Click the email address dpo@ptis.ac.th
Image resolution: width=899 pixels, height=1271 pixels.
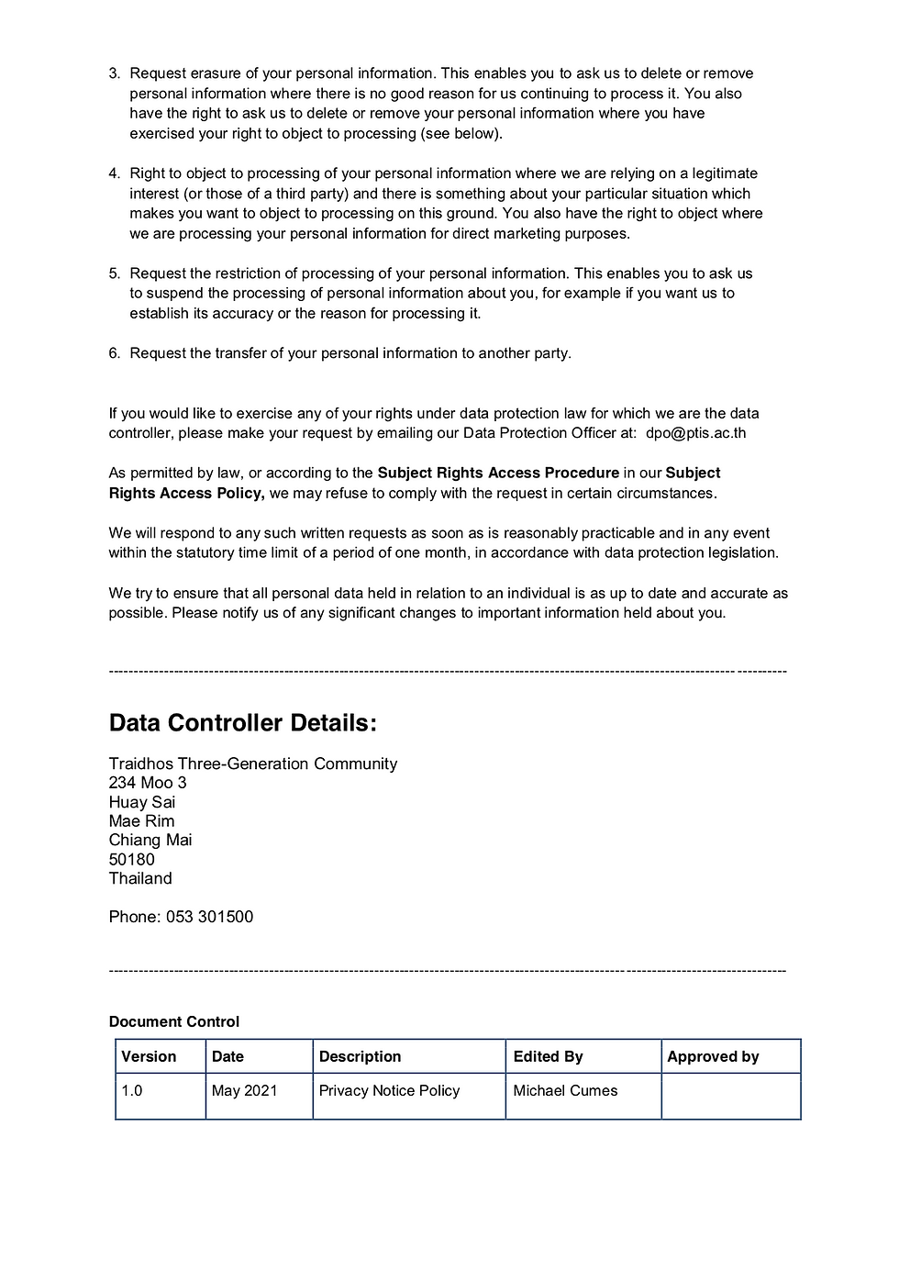(695, 433)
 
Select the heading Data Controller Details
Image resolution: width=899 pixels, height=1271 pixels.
(242, 723)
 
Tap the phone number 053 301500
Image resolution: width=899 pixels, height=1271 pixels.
(209, 917)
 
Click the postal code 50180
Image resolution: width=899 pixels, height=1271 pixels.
(131, 860)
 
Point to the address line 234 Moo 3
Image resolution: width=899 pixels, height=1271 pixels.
(147, 783)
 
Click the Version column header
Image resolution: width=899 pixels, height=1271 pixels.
(149, 1057)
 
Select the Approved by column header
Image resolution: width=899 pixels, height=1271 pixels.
(713, 1057)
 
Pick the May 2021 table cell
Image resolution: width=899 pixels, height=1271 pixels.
(244, 1091)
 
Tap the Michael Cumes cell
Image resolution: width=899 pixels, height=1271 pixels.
(565, 1091)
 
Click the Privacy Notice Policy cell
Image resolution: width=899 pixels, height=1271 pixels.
(389, 1091)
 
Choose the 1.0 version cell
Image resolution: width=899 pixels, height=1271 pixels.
(132, 1091)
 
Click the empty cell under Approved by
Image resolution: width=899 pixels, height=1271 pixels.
(730, 1096)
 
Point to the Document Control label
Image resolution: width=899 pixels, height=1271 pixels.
(173, 1022)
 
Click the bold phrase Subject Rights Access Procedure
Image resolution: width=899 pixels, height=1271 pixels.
(498, 474)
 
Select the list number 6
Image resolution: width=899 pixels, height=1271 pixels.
(114, 353)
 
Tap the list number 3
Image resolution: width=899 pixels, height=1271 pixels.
(114, 73)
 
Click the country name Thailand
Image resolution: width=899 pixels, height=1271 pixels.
(140, 879)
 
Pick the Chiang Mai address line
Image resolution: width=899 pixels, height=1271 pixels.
(150, 841)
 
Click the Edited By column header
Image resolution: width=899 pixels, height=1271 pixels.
(548, 1057)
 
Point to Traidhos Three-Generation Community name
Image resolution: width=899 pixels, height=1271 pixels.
(252, 764)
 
